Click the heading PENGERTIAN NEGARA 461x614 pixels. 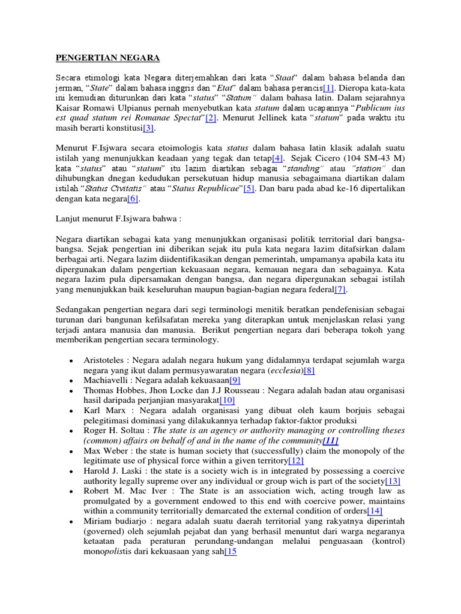pos(107,58)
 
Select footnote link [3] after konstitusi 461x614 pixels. pos(148,128)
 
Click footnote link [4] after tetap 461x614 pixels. pos(277,158)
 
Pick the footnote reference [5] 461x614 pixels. pos(249,188)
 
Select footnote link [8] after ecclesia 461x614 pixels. pos(309,370)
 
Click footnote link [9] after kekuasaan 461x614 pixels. pos(235,380)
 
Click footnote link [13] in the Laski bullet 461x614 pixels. pos(392,481)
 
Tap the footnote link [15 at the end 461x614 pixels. pos(230,552)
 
